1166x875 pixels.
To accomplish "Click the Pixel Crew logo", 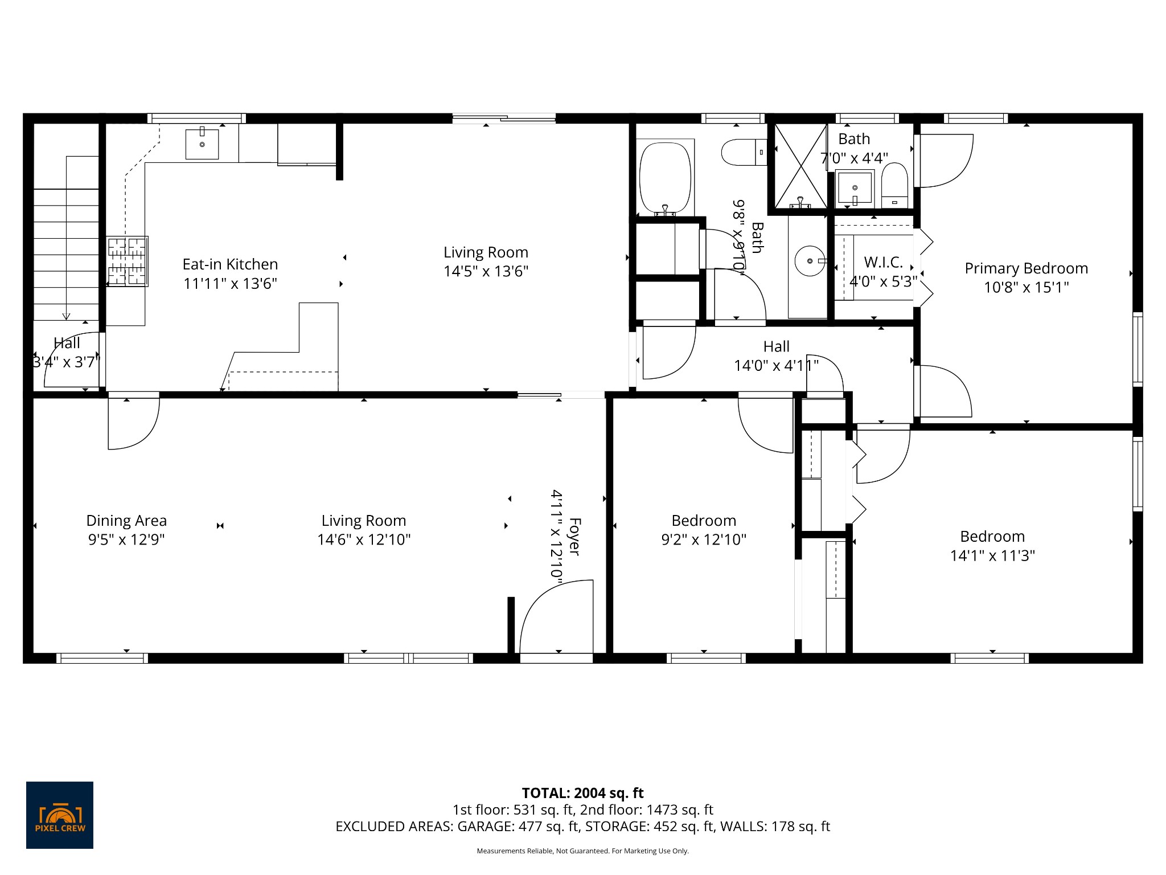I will [x=60, y=815].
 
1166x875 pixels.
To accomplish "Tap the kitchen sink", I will [x=202, y=144].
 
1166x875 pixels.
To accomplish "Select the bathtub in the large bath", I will [x=665, y=177].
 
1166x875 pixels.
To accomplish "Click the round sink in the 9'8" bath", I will [x=810, y=261].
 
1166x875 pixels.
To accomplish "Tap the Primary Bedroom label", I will [x=1026, y=268].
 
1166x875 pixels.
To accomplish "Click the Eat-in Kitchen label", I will [x=230, y=264].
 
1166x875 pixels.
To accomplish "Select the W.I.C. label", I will [x=884, y=262].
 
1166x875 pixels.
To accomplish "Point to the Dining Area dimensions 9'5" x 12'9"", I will [x=126, y=539].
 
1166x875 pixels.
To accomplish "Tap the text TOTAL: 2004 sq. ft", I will [x=582, y=793].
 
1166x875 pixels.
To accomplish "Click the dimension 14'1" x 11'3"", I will [x=992, y=555].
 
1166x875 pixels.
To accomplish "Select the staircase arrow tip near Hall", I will [x=67, y=317].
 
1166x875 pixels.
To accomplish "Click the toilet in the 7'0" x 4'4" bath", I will [x=894, y=185].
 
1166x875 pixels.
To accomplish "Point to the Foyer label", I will [x=574, y=536].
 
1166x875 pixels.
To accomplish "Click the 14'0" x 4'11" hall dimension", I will [x=776, y=365].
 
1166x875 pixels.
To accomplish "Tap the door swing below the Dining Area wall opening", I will [x=133, y=424].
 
